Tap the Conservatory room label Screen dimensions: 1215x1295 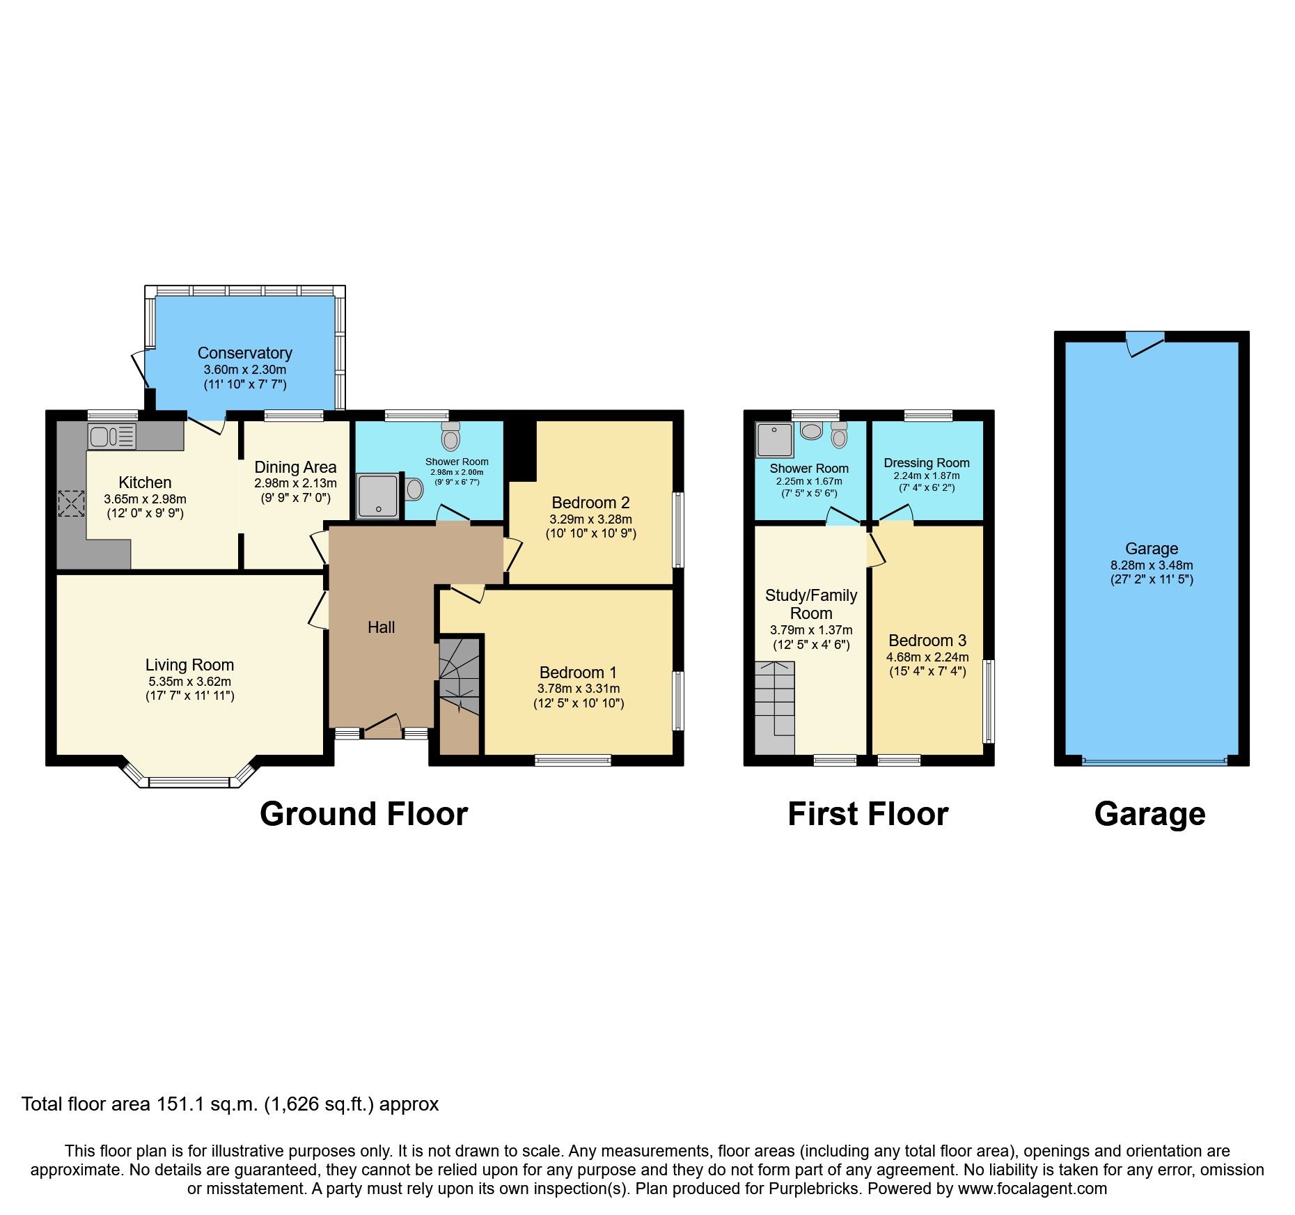pos(244,353)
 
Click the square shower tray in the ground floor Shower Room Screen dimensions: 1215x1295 pos(378,496)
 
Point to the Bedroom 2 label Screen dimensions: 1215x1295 pos(590,503)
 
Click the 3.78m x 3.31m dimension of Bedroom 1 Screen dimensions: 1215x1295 pos(578,689)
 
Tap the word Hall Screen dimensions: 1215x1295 pos(381,627)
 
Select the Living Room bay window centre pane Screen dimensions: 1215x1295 pos(189,783)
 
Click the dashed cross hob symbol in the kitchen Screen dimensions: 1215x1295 pos(70,503)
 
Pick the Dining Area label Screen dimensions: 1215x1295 pos(295,467)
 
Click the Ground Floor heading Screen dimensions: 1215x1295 pos(363,814)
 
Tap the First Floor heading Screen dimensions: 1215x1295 pos(868,814)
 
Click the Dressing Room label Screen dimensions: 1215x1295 pos(926,463)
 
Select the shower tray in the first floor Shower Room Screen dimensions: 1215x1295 pos(774,439)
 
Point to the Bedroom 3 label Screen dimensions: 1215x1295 pos(927,641)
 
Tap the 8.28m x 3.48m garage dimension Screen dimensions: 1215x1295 pos(1152,565)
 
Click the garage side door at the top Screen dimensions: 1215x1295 pos(1145,343)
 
